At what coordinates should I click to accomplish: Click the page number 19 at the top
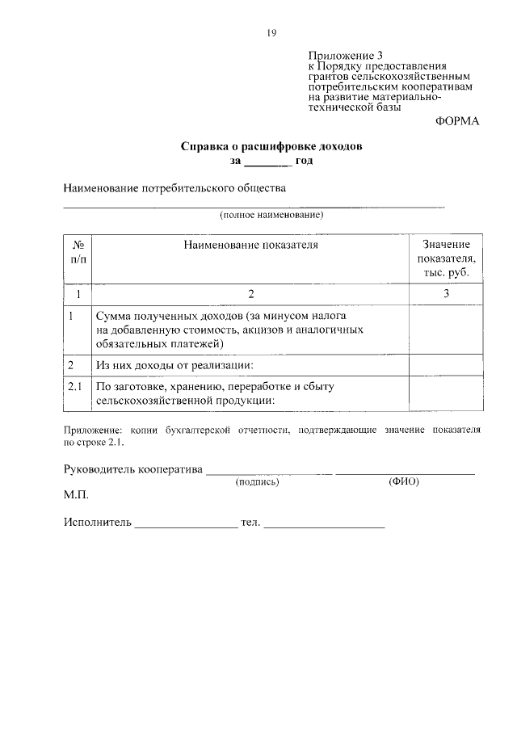coord(271,32)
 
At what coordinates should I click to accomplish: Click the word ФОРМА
coord(456,121)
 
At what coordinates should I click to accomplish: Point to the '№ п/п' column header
coord(78,250)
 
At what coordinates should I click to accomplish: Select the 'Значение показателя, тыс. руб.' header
coord(446,258)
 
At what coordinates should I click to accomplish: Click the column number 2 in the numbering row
coord(250,294)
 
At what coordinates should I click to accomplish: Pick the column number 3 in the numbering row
coord(446,294)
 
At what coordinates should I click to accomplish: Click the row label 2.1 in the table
coord(78,387)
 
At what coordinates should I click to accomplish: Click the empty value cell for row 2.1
coord(446,393)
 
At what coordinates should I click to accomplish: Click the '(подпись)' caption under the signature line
coord(257,481)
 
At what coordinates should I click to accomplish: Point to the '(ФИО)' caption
coord(404,481)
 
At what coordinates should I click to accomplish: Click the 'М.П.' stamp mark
coord(76,494)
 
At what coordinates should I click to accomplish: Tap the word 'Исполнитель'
coord(97,523)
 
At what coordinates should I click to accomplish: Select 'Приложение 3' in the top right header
coord(344,55)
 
